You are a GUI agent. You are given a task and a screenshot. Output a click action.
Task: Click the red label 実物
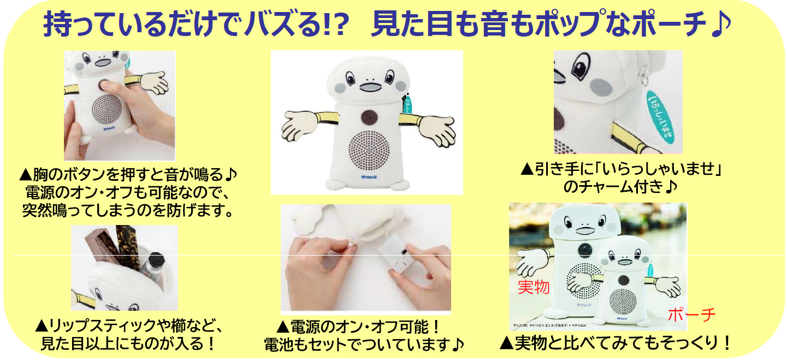point(534,287)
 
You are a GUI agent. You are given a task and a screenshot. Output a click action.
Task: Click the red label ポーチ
point(691,315)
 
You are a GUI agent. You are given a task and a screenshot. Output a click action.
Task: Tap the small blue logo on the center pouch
point(369,177)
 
